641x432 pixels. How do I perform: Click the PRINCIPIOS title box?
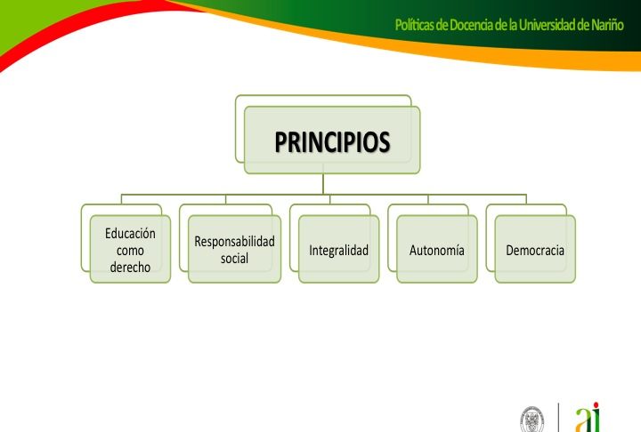pyautogui.click(x=332, y=140)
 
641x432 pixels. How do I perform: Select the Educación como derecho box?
pyautogui.click(x=130, y=249)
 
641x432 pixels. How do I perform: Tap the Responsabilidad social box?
pyautogui.click(x=234, y=249)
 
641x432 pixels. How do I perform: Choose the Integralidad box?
pyautogui.click(x=338, y=249)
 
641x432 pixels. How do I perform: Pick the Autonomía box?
pyautogui.click(x=436, y=249)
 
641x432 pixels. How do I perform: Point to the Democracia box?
pyautogui.click(x=535, y=249)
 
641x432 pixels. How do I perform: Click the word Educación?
pyautogui.click(x=130, y=233)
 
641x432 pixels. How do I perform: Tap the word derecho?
pyautogui.click(x=130, y=267)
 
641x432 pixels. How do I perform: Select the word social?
pyautogui.click(x=234, y=258)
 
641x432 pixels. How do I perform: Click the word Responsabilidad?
pyautogui.click(x=234, y=241)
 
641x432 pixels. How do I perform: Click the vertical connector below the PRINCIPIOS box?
pyautogui.click(x=323, y=184)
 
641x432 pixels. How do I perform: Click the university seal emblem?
pyautogui.click(x=531, y=420)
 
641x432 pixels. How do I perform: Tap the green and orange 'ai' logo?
pyautogui.click(x=588, y=417)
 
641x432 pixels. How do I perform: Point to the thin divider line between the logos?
pyautogui.click(x=558, y=417)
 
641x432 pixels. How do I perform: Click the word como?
pyautogui.click(x=130, y=251)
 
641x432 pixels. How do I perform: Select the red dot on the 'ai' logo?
pyautogui.click(x=596, y=405)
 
